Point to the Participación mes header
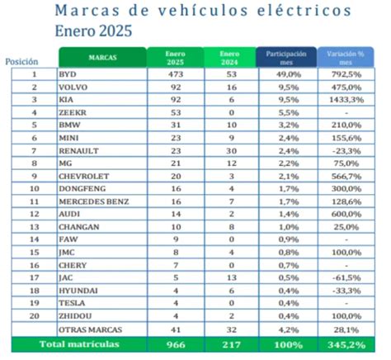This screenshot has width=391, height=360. click(285, 58)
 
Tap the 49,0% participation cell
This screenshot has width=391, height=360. click(285, 74)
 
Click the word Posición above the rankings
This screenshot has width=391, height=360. click(21, 62)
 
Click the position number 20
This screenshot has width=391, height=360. click(34, 315)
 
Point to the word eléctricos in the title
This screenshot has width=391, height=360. click(283, 11)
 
